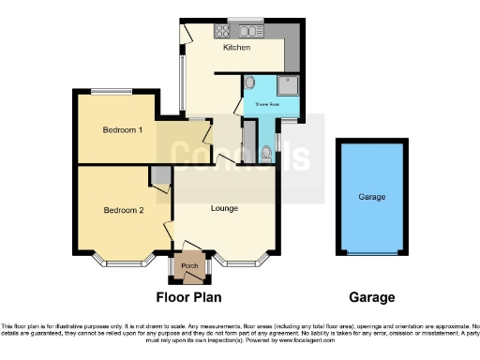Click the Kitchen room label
(x=236, y=46)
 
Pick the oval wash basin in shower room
(x=249, y=83)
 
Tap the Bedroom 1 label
(x=123, y=130)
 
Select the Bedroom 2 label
(x=123, y=210)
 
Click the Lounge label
(x=223, y=207)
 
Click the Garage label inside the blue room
(x=371, y=198)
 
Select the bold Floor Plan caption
(x=187, y=297)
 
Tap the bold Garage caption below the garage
(x=371, y=297)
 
